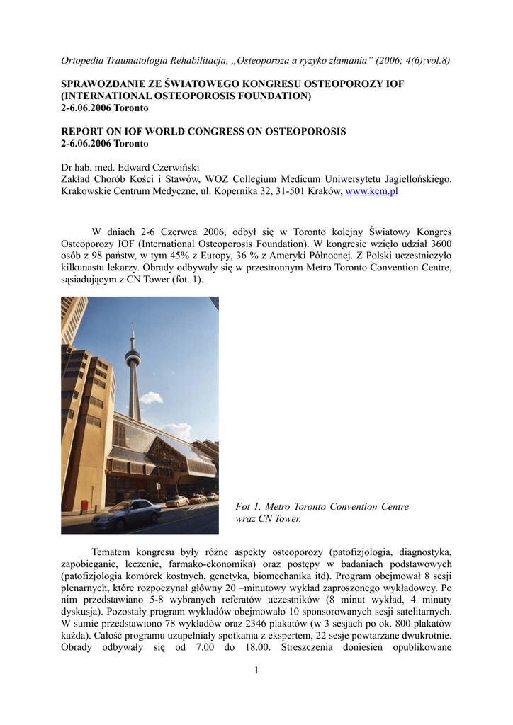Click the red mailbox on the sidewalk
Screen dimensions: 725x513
click(84, 506)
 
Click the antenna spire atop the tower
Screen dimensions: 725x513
click(132, 333)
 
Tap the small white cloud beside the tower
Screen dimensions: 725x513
click(150, 397)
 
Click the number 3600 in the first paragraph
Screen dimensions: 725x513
click(439, 244)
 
